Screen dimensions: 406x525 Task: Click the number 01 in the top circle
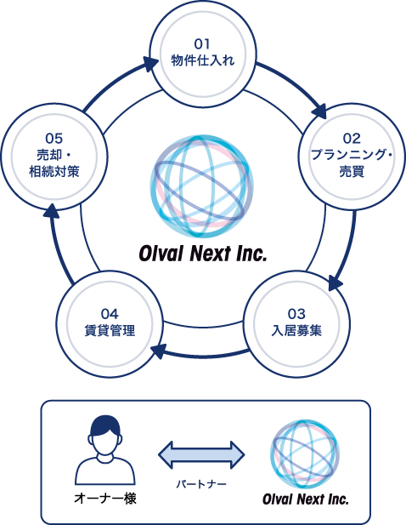click(202, 44)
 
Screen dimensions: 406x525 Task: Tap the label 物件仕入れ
click(203, 60)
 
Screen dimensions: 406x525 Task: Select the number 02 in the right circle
click(352, 139)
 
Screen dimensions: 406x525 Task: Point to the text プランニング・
click(352, 154)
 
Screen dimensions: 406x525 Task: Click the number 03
click(296, 314)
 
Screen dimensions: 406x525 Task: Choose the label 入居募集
click(296, 330)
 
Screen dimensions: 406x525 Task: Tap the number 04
click(110, 314)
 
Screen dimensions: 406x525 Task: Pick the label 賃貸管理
click(110, 330)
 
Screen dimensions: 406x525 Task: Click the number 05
click(54, 139)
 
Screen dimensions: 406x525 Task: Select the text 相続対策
click(54, 171)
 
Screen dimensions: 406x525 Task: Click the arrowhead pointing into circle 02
click(319, 111)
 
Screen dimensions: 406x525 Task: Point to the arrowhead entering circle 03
click(335, 283)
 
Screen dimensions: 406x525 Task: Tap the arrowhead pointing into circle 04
click(158, 351)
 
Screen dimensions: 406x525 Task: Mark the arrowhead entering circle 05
click(51, 211)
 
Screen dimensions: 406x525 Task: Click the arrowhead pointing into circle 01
click(150, 64)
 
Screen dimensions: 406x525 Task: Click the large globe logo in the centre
click(202, 186)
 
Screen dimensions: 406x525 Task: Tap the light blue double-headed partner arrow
click(201, 455)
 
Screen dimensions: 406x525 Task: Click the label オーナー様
click(105, 498)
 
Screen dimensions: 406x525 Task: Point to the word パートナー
click(201, 484)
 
